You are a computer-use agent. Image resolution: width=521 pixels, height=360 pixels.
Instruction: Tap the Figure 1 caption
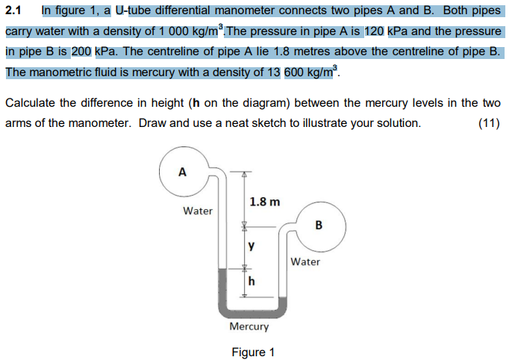pyautogui.click(x=253, y=352)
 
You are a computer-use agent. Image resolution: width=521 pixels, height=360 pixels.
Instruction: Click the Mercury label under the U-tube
pyautogui.click(x=249, y=327)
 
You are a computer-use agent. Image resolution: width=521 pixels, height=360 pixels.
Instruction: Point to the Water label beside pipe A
pyautogui.click(x=198, y=211)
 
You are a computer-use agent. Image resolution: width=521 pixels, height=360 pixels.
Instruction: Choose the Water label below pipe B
pyautogui.click(x=305, y=261)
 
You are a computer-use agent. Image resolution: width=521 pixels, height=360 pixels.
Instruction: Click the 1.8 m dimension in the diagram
pyautogui.click(x=264, y=202)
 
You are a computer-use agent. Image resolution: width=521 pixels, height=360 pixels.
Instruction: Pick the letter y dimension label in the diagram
pyautogui.click(x=251, y=245)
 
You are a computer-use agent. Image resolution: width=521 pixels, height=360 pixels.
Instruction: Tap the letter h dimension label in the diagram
pyautogui.click(x=252, y=281)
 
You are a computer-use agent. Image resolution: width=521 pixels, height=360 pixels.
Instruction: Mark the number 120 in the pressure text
pyautogui.click(x=374, y=32)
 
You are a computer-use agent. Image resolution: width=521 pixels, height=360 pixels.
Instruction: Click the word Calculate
pyautogui.click(x=31, y=103)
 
